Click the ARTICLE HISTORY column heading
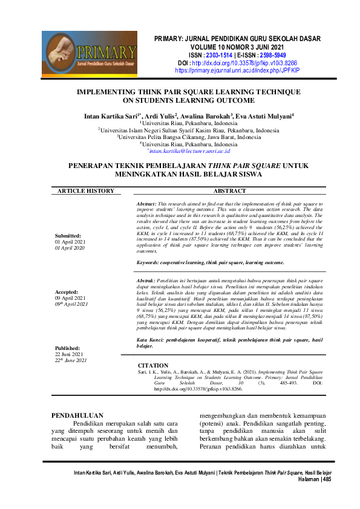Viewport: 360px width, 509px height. (x=85, y=191)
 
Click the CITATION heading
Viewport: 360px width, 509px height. (x=153, y=366)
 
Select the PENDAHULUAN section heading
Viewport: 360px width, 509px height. (x=77, y=415)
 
